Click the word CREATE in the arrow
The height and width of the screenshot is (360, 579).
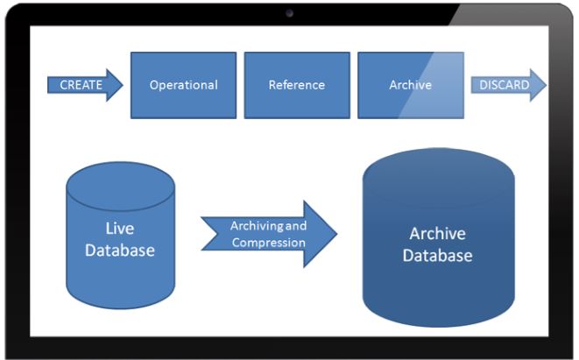pos(81,85)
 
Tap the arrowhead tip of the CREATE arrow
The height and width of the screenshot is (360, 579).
pos(123,85)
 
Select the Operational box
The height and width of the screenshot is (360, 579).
pos(184,85)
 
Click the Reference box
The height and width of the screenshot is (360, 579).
pos(297,85)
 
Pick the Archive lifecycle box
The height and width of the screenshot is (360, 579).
pos(411,85)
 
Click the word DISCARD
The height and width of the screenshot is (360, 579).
pos(504,85)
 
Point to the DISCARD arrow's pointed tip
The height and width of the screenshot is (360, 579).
pos(546,85)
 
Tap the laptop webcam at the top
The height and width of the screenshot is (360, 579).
pos(289,13)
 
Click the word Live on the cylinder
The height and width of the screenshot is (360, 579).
pos(120,229)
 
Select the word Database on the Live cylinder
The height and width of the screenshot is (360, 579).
pos(120,251)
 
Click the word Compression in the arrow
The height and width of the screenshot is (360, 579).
pos(269,243)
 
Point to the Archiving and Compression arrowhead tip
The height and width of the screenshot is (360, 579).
pos(336,234)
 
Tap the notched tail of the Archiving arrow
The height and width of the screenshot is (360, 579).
pos(215,234)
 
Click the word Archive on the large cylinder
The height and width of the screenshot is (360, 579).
pos(438,233)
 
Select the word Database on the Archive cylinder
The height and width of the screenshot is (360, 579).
pos(438,256)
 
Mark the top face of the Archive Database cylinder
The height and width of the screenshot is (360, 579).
pos(439,176)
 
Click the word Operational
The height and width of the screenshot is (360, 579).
pos(184,85)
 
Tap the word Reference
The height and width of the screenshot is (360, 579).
pos(297,85)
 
